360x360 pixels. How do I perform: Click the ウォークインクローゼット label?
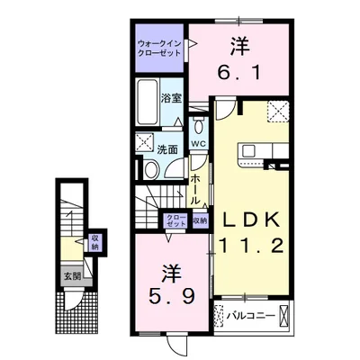[x=159, y=49]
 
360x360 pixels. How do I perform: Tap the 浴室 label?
[x=172, y=99]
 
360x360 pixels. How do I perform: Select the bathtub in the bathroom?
[x=147, y=103]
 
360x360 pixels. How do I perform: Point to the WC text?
[x=199, y=143]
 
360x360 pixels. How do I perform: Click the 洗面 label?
[x=167, y=149]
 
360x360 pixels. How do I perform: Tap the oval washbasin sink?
[x=150, y=169]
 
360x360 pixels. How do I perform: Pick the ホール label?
[x=195, y=190]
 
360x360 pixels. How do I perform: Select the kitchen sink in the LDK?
[x=248, y=150]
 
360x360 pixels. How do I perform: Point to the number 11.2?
[x=251, y=247]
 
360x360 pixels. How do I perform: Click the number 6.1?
[x=239, y=73]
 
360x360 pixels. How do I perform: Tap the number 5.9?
[x=172, y=296]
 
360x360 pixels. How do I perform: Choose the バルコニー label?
[x=251, y=316]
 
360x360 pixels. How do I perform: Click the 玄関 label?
[x=72, y=276]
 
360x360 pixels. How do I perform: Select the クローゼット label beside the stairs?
[x=175, y=220]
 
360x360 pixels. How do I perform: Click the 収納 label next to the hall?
[x=200, y=220]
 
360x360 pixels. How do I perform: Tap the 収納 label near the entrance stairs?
[x=95, y=243]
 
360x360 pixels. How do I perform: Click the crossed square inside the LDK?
[x=278, y=112]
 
